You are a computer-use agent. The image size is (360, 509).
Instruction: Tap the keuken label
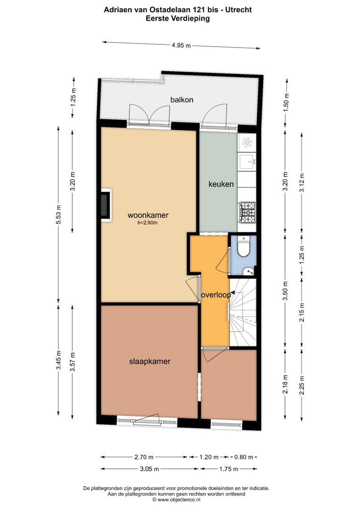pyautogui.click(x=221, y=184)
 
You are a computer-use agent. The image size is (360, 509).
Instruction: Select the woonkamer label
pyautogui.click(x=148, y=215)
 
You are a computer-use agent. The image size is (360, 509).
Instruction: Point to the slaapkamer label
pyautogui.click(x=149, y=361)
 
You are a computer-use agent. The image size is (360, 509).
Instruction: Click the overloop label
pyautogui.click(x=216, y=296)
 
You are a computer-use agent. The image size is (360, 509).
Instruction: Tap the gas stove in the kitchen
pyautogui.click(x=248, y=213)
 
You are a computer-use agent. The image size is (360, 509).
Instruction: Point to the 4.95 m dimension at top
pyautogui.click(x=181, y=45)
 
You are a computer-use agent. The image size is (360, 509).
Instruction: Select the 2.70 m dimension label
pyautogui.click(x=144, y=457)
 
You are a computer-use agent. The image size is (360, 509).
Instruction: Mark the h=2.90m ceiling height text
pyautogui.click(x=147, y=223)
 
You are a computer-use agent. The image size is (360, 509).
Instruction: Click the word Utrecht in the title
pyautogui.click(x=238, y=9)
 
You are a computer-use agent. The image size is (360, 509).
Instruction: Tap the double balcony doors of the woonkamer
pyautogui.click(x=149, y=115)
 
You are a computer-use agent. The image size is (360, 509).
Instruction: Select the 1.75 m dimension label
pyautogui.click(x=229, y=469)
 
